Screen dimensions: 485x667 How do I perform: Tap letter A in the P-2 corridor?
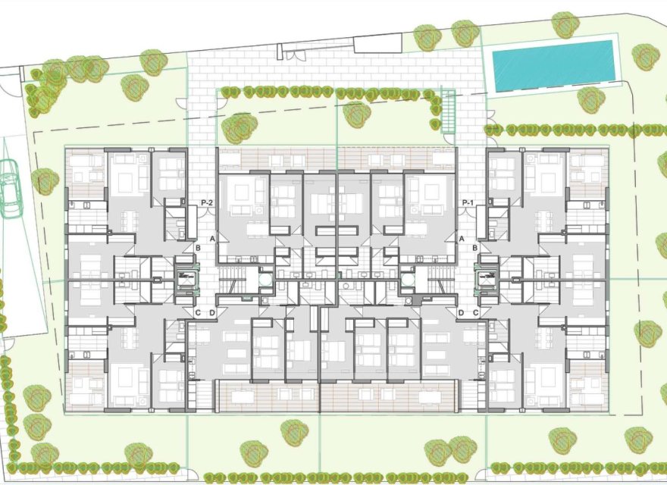coord(213,239)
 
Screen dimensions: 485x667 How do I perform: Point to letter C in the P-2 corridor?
coord(199,313)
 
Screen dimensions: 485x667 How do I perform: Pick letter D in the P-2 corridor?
coord(212,313)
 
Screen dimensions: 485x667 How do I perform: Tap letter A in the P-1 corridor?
coord(461,239)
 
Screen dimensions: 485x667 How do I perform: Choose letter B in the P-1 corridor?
coord(475,248)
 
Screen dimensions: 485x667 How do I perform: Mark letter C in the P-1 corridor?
coord(475,313)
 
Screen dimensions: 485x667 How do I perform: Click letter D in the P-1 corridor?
coord(461,313)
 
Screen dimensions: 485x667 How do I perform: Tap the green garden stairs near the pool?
coord(448,110)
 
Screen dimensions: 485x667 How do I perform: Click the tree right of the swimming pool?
coord(645,57)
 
